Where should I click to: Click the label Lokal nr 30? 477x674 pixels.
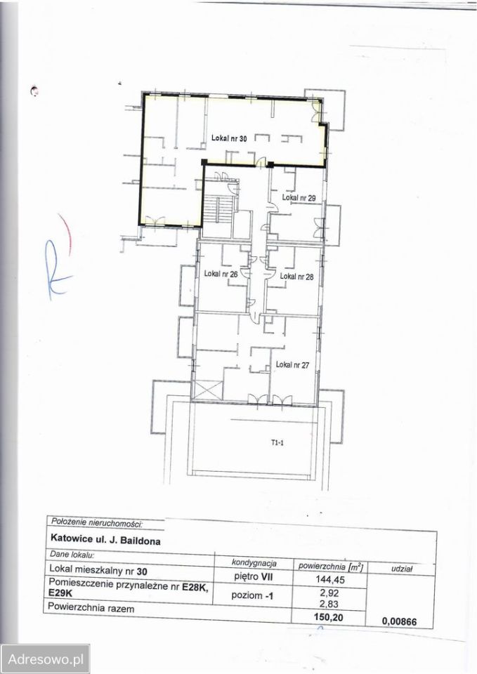pyautogui.click(x=229, y=138)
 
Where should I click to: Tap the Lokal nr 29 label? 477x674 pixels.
pyautogui.click(x=299, y=198)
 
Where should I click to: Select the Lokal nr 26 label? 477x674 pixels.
pyautogui.click(x=221, y=273)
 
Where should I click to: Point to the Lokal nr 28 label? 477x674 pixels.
pyautogui.click(x=296, y=277)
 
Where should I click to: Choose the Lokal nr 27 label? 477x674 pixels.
pyautogui.click(x=292, y=365)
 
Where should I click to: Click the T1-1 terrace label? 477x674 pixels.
pyautogui.click(x=277, y=443)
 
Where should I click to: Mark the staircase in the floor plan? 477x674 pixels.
pyautogui.click(x=218, y=211)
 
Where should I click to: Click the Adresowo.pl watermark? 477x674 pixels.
pyautogui.click(x=45, y=659)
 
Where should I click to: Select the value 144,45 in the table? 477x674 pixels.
pyautogui.click(x=330, y=579)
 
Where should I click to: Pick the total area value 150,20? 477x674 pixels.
pyautogui.click(x=329, y=617)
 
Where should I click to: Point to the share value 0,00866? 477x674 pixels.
pyautogui.click(x=399, y=621)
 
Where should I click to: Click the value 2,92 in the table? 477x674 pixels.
pyautogui.click(x=329, y=593)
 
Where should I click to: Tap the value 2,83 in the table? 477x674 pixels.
pyautogui.click(x=329, y=604)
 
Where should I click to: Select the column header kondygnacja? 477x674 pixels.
pyautogui.click(x=254, y=563)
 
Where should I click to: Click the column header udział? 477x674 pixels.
pyautogui.click(x=402, y=569)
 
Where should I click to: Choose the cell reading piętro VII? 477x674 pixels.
pyautogui.click(x=254, y=576)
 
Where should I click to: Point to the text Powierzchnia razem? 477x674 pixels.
pyautogui.click(x=91, y=608)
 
